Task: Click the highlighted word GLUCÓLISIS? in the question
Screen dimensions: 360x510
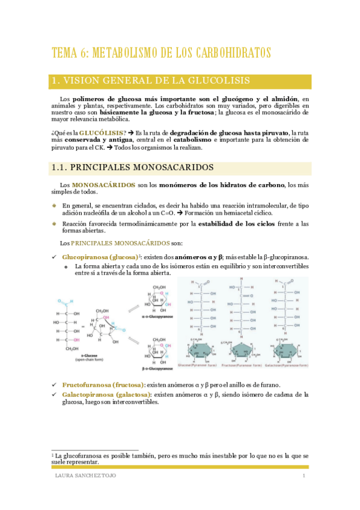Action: (x=102, y=132)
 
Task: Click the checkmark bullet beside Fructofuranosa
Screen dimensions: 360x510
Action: (x=54, y=385)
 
